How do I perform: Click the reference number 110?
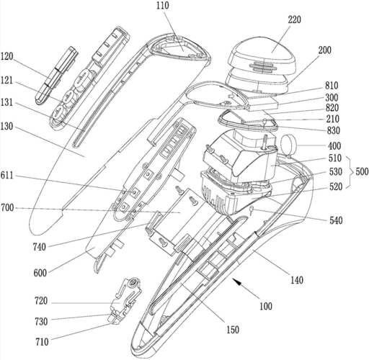163,6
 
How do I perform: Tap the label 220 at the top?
294,19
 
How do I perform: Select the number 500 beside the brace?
362,171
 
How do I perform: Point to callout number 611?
6,176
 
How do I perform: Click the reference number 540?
336,220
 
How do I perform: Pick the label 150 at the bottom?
233,330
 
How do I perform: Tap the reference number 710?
42,342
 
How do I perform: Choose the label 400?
334,146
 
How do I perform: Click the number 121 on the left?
6,81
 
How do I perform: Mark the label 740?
39,247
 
